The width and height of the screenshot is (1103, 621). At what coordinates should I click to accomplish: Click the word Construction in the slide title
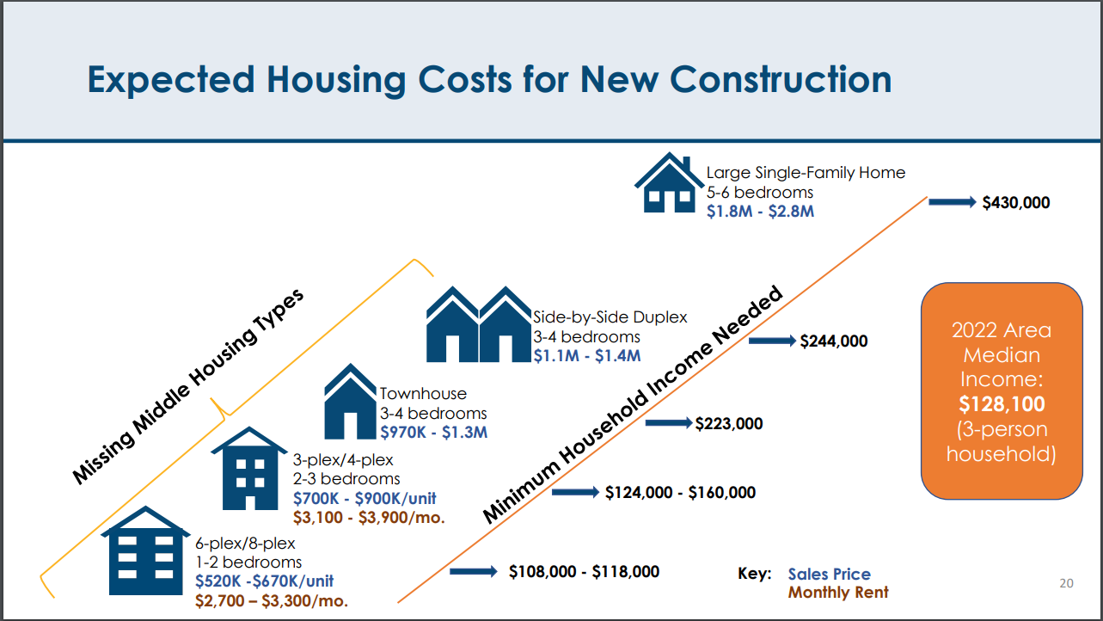[781, 79]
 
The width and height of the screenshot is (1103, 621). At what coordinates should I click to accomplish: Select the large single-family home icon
[669, 182]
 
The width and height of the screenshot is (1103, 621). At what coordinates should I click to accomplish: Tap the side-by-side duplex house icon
[479, 324]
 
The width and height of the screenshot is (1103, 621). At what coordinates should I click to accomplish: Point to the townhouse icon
[350, 402]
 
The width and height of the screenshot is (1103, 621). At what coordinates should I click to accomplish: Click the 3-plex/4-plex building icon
[249, 469]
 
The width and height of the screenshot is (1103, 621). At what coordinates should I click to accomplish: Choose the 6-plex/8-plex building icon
[146, 550]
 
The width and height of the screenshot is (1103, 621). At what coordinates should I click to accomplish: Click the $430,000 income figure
[1016, 202]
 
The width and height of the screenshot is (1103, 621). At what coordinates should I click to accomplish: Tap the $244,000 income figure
[834, 341]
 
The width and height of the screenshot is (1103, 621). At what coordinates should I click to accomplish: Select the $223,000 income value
[729, 423]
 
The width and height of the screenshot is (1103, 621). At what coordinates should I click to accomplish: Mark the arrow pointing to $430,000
[953, 202]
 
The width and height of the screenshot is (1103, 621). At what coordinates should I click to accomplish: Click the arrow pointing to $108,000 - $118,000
[474, 571]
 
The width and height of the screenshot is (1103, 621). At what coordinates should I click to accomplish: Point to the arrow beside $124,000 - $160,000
[575, 492]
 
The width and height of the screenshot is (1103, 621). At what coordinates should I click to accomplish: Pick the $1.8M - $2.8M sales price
[760, 212]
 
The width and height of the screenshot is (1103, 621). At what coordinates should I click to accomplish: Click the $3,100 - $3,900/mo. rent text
[369, 518]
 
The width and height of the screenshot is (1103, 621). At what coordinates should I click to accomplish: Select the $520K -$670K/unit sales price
[265, 581]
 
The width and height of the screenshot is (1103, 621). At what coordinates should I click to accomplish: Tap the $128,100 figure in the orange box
[1002, 404]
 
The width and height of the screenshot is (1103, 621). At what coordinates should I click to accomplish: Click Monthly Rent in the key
[838, 593]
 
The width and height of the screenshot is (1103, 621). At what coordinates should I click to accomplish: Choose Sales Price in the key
[830, 575]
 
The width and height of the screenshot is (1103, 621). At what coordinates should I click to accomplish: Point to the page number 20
[1067, 583]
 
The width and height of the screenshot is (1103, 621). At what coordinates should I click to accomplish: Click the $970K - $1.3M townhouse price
[434, 433]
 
